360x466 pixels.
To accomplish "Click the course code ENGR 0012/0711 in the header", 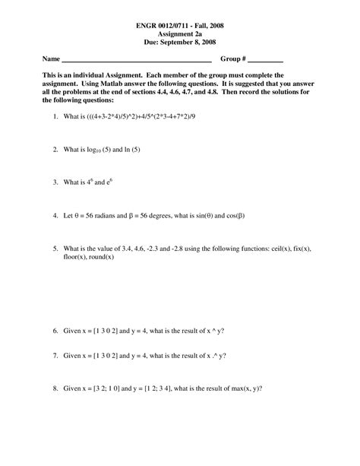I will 166,26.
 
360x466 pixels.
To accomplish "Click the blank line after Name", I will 136,60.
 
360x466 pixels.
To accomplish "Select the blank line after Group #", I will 265,60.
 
